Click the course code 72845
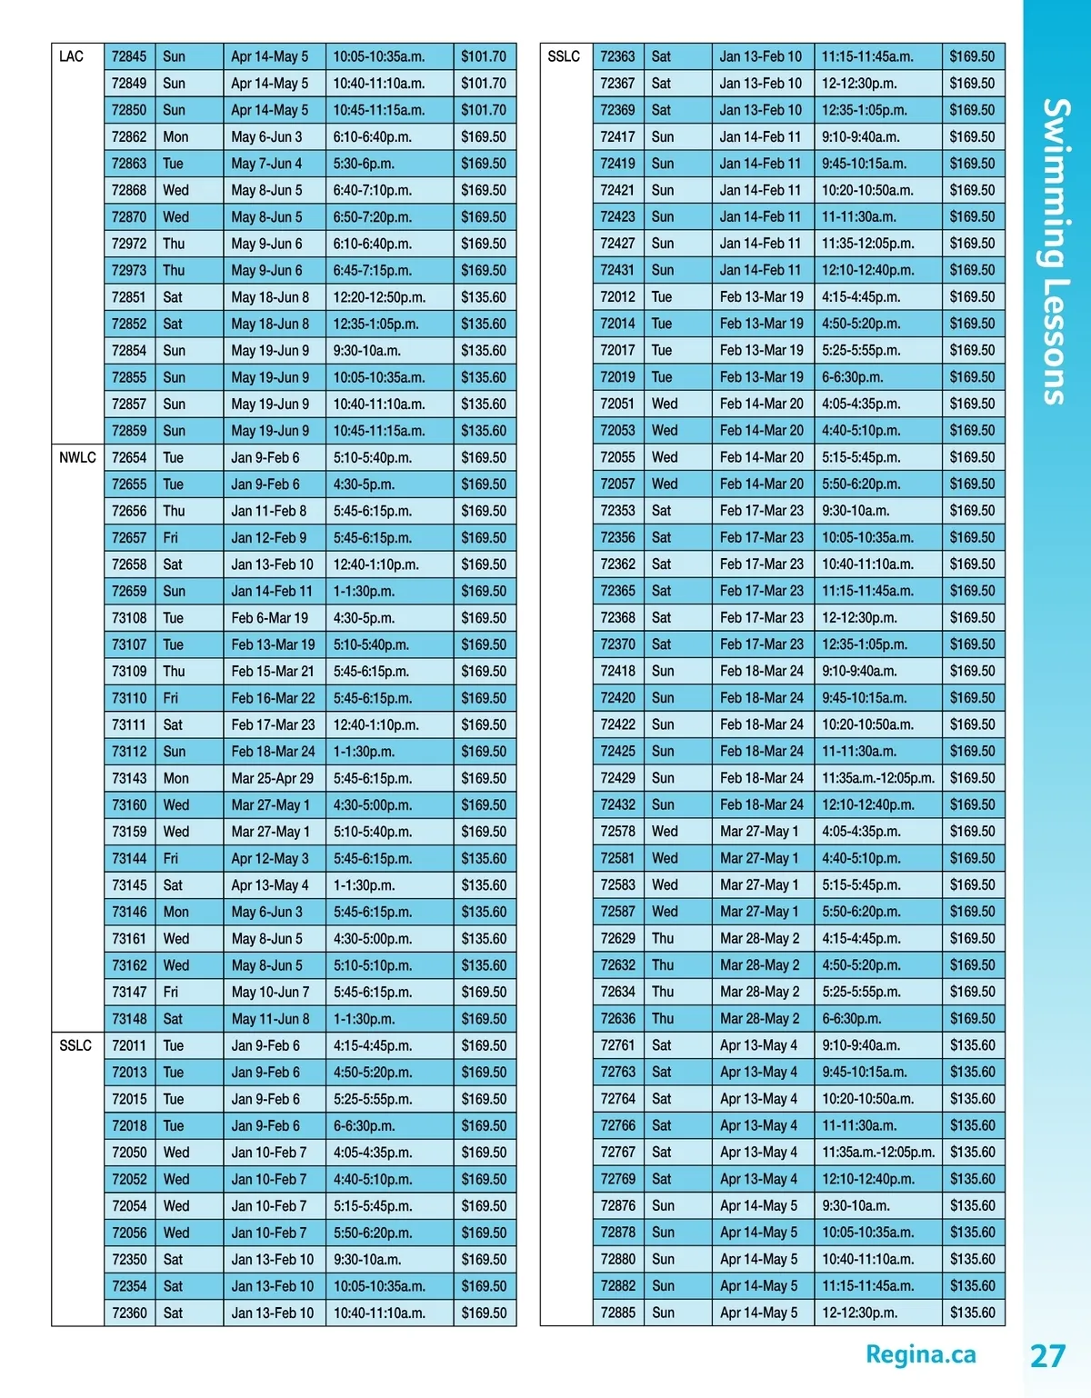(x=128, y=56)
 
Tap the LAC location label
(x=71, y=56)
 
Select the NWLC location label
(x=77, y=457)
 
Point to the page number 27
(x=1047, y=1355)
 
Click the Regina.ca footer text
(x=920, y=1354)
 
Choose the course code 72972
(x=128, y=244)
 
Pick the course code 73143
(x=128, y=778)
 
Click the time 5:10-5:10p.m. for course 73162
(x=372, y=965)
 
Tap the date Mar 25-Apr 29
(x=272, y=778)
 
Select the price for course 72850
(x=483, y=110)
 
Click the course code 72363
(x=617, y=56)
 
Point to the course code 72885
(x=617, y=1313)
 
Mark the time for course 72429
(x=877, y=778)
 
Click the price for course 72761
(x=972, y=1045)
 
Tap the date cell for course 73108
(x=269, y=618)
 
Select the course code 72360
(x=128, y=1313)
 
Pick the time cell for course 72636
(x=851, y=1019)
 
